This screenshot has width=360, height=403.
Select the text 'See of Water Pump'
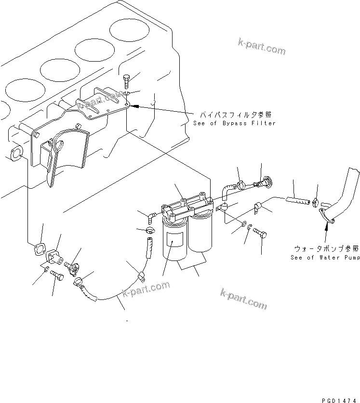[325, 258]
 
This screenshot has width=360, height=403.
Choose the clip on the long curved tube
[141, 276]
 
